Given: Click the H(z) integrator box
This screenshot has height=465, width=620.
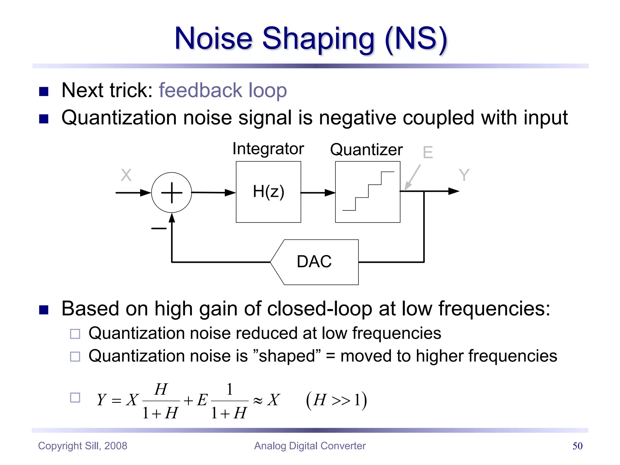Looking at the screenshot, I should [268, 192].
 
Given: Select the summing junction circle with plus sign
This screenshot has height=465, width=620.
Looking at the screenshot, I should [172, 193].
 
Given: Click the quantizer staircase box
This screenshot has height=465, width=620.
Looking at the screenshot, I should [368, 192].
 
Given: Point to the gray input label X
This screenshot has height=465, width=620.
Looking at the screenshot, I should [126, 175].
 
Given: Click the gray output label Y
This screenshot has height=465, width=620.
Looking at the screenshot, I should [464, 175].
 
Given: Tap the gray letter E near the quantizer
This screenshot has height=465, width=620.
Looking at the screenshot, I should [428, 152].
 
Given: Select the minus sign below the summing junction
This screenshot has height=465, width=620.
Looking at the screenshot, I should [159, 228].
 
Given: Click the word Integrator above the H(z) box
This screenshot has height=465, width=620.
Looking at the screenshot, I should [268, 149].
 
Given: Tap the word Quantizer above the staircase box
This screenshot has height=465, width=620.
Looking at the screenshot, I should [366, 150].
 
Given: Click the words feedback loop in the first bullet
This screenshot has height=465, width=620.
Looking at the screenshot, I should [223, 90].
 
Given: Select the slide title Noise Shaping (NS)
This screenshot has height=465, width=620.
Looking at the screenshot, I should [311, 38].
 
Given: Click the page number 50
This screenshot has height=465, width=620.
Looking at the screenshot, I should [577, 446].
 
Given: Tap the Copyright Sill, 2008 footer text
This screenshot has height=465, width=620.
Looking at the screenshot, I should [83, 446].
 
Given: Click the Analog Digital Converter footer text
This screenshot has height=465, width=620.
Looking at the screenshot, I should [310, 446].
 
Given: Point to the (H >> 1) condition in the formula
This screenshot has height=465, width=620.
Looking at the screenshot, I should [336, 400].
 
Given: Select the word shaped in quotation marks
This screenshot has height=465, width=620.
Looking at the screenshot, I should [287, 356].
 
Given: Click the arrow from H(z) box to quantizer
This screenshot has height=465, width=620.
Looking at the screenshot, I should [318, 193].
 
